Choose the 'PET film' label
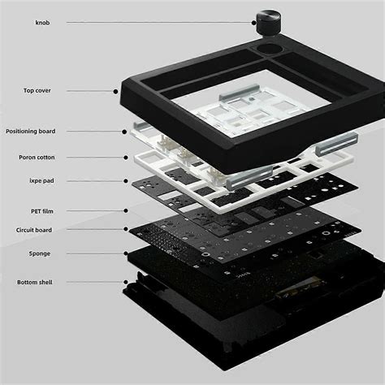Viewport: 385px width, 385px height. [x=32, y=211]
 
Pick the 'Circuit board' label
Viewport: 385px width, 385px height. [x=33, y=230]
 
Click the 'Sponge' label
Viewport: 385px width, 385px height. [x=32, y=253]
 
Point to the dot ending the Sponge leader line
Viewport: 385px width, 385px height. [x=123, y=253]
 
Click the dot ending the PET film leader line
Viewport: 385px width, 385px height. [x=123, y=211]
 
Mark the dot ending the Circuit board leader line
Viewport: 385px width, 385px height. [x=123, y=230]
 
